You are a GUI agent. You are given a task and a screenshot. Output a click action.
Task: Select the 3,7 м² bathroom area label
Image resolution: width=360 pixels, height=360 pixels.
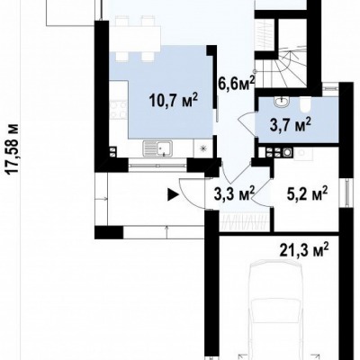pyautogui.click(x=291, y=125)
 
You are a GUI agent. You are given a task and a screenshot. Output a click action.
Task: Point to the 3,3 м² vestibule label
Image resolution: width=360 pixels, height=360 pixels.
pyautogui.click(x=234, y=193)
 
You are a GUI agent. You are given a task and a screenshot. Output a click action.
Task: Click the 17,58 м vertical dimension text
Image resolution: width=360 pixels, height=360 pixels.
pyautogui.click(x=13, y=148)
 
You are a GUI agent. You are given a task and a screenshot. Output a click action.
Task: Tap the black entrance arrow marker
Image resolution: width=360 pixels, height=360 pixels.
pyautogui.click(x=174, y=194)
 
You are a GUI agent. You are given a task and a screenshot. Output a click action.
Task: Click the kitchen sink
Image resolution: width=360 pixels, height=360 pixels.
pyautogui.click(x=157, y=148)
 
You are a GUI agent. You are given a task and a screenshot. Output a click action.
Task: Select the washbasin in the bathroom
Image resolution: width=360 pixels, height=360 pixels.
pyautogui.click(x=281, y=102)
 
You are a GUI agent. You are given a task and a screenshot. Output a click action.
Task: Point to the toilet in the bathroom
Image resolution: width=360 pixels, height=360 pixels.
pyautogui.click(x=305, y=104)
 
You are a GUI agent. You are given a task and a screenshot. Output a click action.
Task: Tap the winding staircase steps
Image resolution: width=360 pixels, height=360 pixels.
pyautogui.click(x=281, y=69)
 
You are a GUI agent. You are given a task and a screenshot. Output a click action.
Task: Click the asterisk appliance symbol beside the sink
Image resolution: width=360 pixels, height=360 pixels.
pyautogui.click(x=203, y=148)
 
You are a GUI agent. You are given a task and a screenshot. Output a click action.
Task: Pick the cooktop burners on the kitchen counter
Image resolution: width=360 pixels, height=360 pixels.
pyautogui.click(x=117, y=110)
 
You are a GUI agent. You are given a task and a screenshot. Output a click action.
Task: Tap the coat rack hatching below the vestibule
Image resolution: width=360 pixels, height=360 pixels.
pyautogui.click(x=244, y=222)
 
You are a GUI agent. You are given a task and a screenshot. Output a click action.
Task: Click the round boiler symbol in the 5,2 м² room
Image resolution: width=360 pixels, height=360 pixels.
pyautogui.click(x=287, y=152)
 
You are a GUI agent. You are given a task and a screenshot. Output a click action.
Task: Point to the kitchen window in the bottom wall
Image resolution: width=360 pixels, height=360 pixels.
pyautogui.click(x=157, y=165)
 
